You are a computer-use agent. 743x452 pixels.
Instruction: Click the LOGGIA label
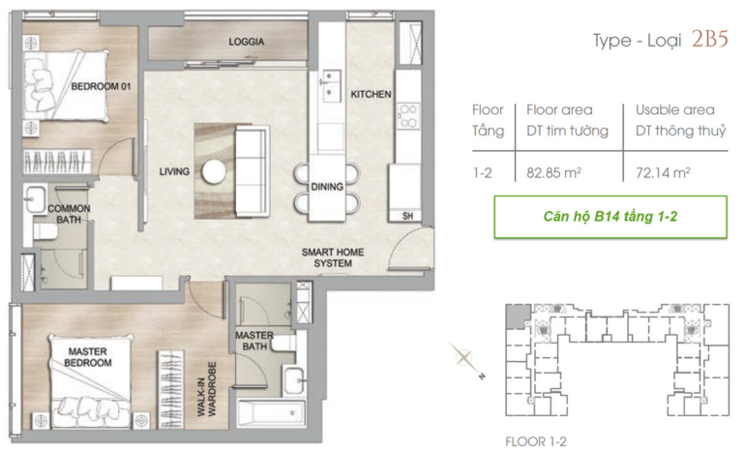click(247, 42)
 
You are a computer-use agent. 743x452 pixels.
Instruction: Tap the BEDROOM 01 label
click(101, 86)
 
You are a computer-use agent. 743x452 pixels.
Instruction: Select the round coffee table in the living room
click(214, 171)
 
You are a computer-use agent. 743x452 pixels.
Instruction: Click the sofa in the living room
click(253, 171)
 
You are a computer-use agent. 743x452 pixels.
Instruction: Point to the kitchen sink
click(330, 83)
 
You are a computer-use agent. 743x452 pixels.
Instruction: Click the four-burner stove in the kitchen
click(408, 116)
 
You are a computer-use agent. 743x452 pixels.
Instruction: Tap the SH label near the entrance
click(407, 216)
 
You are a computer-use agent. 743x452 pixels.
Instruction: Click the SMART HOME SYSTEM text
click(333, 257)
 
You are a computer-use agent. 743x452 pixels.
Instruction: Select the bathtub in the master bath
click(271, 413)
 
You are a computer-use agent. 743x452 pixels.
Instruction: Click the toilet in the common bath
click(45, 232)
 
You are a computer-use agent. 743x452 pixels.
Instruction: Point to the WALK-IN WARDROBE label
click(207, 389)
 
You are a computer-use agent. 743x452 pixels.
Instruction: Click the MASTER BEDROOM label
click(88, 357)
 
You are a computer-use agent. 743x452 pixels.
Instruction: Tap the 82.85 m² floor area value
click(554, 172)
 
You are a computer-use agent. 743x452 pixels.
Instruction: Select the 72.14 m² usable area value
click(663, 172)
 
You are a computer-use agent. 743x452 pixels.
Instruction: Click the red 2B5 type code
click(709, 39)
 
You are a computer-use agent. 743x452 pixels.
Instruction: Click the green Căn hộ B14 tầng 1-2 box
click(610, 217)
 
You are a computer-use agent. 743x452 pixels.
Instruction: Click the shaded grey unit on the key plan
click(519, 316)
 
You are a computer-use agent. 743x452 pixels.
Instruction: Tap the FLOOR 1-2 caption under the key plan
click(535, 441)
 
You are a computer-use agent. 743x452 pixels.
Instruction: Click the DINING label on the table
click(327, 187)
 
